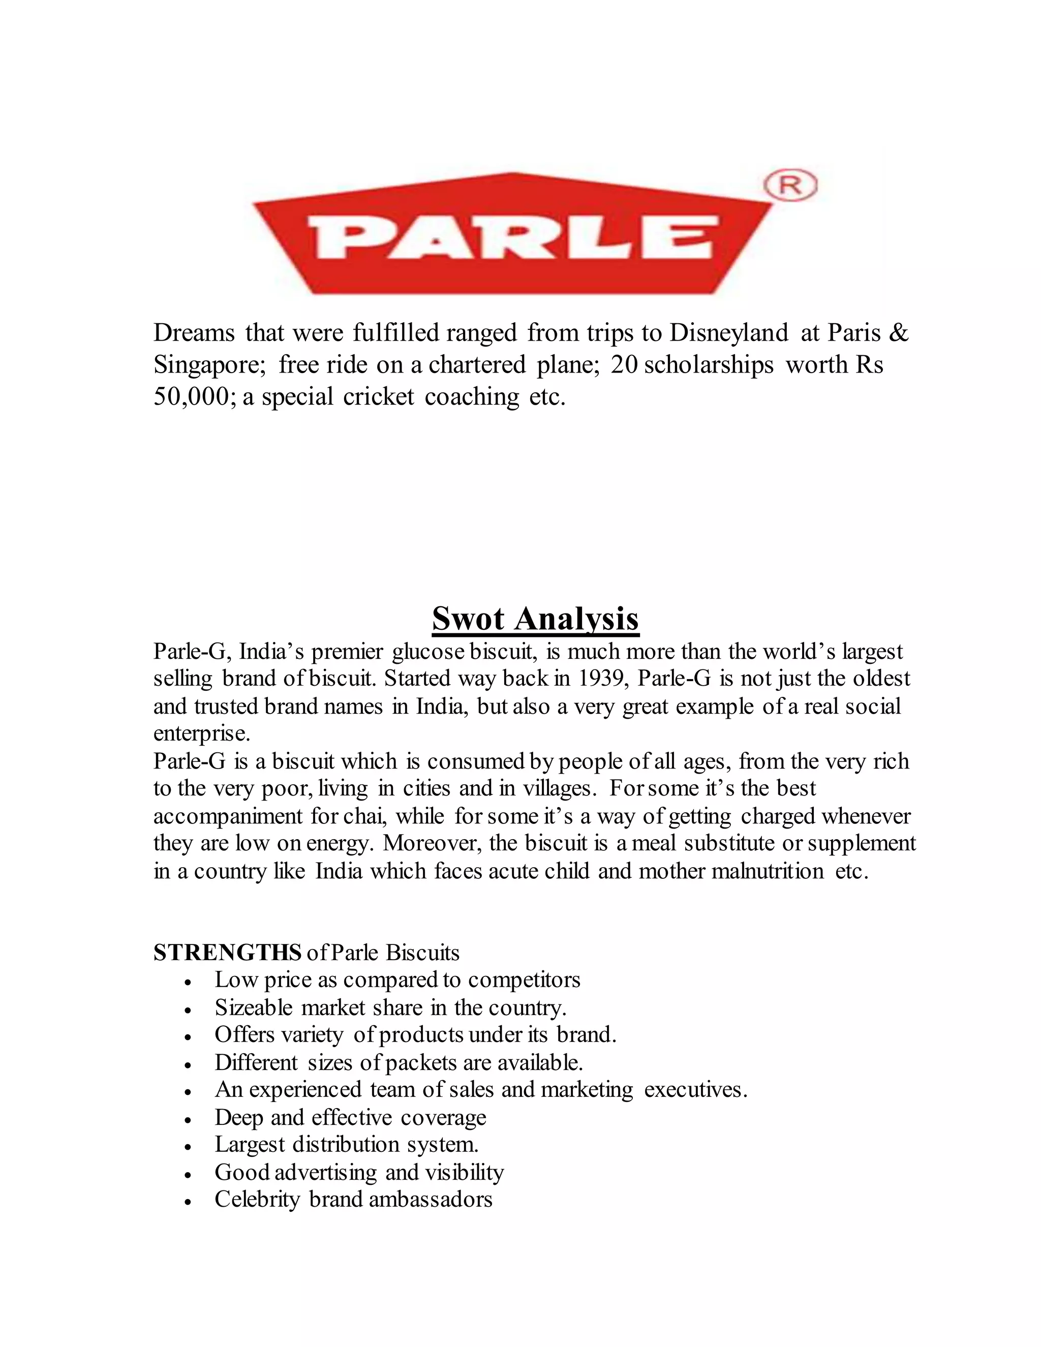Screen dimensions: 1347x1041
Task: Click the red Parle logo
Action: pyautogui.click(x=512, y=234)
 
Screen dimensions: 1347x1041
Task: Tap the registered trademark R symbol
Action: pyautogui.click(x=790, y=185)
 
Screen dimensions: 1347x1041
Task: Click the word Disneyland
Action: pyautogui.click(x=728, y=333)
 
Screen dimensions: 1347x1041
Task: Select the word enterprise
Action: pyautogui.click(x=202, y=734)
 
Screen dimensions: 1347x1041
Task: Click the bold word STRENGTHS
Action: pyautogui.click(x=227, y=953)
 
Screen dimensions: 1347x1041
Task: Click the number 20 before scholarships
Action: pyautogui.click(x=624, y=365)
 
